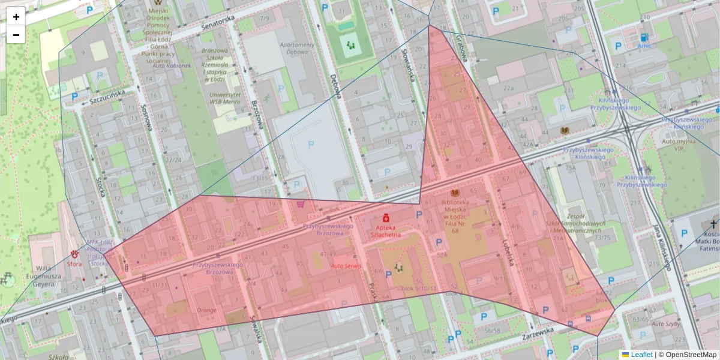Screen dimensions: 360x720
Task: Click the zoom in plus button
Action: pos(16,16)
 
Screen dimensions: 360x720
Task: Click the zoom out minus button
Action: pos(16,35)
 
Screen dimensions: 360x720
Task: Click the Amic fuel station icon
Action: pos(644,37)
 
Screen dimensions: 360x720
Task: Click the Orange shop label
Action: pos(206,310)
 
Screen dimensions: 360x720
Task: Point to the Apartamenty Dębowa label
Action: pos(297,48)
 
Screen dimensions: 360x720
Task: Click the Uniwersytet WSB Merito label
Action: pos(222,99)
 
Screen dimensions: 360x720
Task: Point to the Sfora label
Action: pos(74,262)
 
